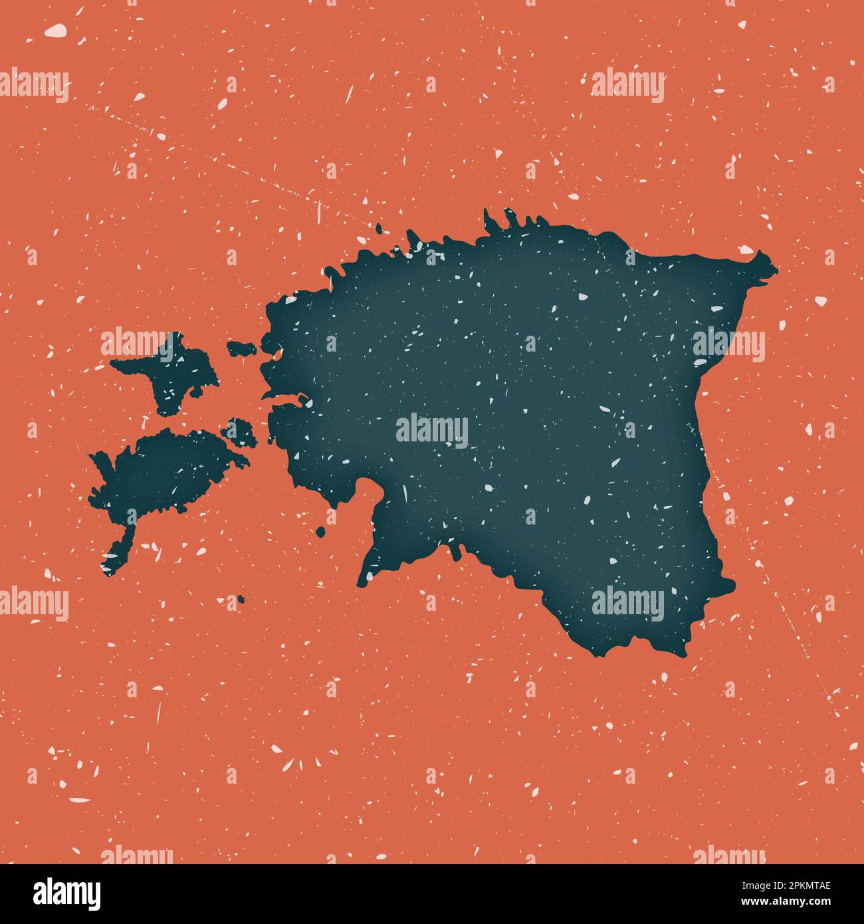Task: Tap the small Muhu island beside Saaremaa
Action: coord(241,433)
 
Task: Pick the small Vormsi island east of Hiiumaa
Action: coord(242,347)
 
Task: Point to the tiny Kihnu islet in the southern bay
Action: coord(321,531)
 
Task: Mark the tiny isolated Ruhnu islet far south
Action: coord(240,599)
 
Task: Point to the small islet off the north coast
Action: coord(379,229)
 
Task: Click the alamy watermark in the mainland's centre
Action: coord(432,430)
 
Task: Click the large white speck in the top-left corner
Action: coord(56,30)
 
